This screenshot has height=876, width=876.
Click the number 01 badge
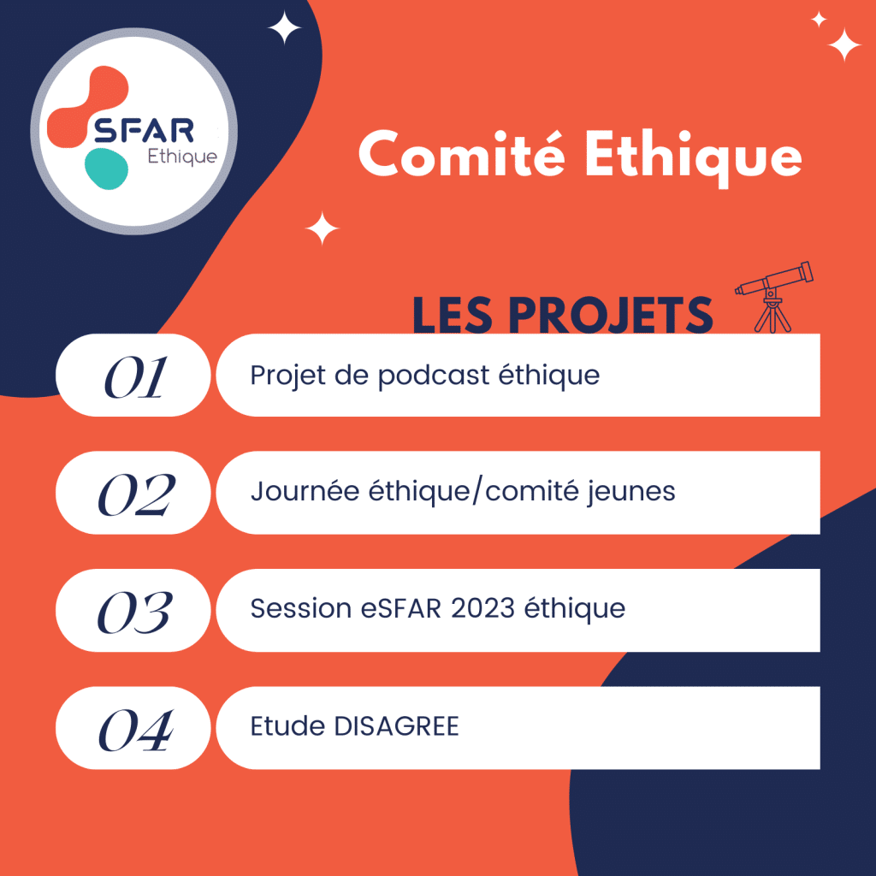tap(133, 375)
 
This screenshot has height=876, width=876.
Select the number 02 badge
tap(133, 493)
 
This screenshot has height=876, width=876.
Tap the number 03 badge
tap(133, 610)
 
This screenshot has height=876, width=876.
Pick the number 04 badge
tap(133, 728)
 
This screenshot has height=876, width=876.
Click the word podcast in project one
tap(434, 376)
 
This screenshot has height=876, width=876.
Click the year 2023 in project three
tap(482, 608)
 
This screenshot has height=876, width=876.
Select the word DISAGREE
tap(396, 726)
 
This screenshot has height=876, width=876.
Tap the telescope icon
tap(773, 297)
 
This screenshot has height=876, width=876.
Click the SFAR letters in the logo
tap(144, 130)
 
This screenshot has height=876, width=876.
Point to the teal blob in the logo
tap(106, 169)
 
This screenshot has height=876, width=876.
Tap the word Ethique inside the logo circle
tap(182, 157)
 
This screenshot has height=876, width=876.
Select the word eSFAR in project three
tap(401, 608)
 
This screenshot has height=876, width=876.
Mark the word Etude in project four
tap(287, 726)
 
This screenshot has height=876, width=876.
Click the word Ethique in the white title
tap(693, 157)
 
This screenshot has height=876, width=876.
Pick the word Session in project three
tap(300, 608)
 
